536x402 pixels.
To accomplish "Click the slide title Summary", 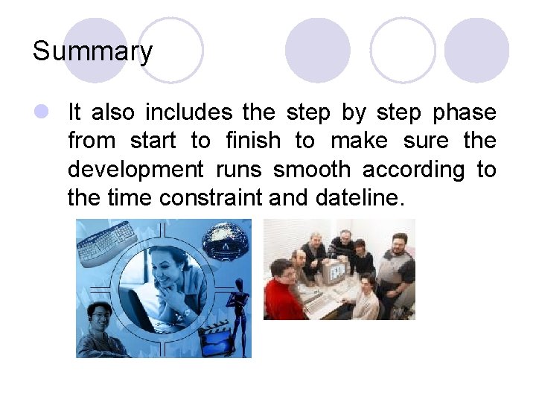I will (92, 51).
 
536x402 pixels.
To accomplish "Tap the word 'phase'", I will (464, 112).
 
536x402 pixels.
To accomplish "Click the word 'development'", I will (135, 170).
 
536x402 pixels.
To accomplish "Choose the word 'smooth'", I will (311, 170).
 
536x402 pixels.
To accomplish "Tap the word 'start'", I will (154, 141).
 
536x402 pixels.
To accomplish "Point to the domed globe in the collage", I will (226, 240).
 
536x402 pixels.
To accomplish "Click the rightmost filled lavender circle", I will (476, 50).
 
